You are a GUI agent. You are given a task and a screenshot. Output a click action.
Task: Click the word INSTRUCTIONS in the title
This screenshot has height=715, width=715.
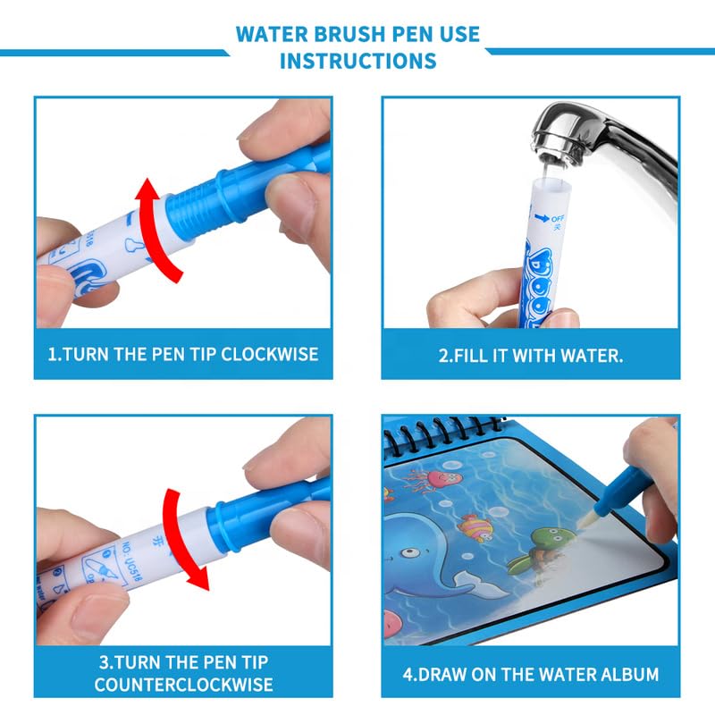357,61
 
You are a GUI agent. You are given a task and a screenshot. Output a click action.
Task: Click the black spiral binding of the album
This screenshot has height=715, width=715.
447,437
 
